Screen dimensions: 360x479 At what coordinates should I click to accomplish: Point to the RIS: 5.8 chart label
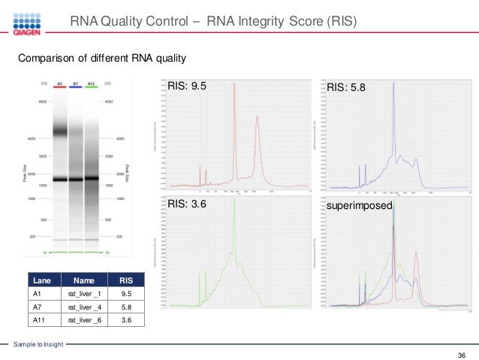point(346,87)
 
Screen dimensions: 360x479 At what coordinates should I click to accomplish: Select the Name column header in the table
point(83,280)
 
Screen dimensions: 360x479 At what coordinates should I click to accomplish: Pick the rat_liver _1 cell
point(83,294)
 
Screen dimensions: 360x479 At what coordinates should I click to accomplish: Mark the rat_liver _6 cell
point(83,320)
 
